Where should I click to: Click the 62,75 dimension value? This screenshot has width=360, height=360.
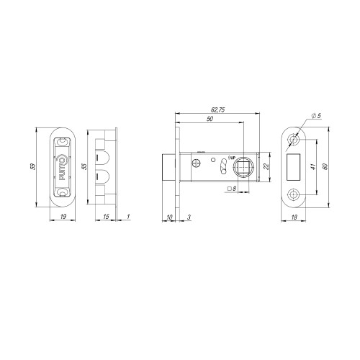click(x=217, y=110)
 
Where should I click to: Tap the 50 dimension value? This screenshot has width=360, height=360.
click(x=210, y=119)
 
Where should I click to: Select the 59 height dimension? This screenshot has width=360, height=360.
click(x=34, y=166)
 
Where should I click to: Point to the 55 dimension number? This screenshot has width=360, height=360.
click(x=84, y=166)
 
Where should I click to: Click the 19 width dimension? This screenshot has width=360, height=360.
click(x=63, y=217)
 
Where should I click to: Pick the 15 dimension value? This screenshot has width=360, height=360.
click(x=106, y=217)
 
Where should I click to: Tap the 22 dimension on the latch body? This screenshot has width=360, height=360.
click(x=266, y=166)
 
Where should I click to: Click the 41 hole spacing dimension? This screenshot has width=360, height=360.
click(x=313, y=167)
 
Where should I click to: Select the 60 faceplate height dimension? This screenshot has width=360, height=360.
click(x=325, y=166)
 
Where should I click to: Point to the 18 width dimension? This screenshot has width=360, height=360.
click(x=294, y=217)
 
